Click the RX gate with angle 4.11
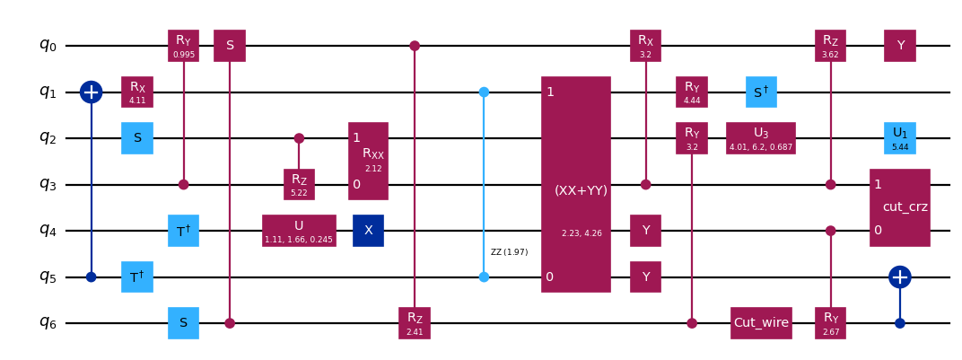137,92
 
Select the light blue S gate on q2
137,138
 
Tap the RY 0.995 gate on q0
183,45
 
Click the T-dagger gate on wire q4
183,231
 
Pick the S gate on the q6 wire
183,323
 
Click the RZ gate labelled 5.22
299,184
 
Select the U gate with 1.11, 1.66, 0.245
299,231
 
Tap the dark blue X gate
368,231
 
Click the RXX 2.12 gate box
368,161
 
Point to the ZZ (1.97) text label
509,252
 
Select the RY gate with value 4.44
691,92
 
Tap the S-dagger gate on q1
761,92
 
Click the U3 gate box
761,138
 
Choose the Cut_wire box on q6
761,323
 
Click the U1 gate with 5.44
899,138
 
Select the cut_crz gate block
899,207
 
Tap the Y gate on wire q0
899,45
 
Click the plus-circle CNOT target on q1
91,92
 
